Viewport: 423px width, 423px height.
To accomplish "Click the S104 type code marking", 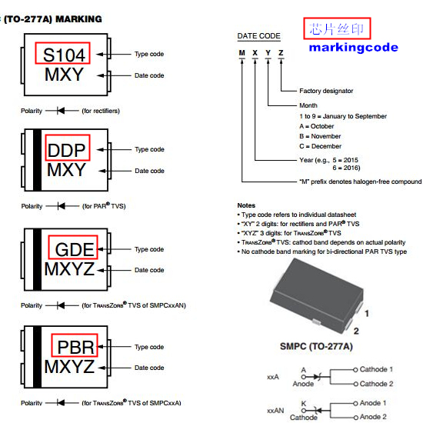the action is pyautogui.click(x=64, y=55).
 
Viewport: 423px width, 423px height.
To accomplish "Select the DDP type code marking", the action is pyautogui.click(x=66, y=150).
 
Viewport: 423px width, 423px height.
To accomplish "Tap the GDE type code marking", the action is pyautogui.click(x=75, y=249).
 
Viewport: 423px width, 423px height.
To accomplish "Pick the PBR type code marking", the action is pyautogui.click(x=76, y=347).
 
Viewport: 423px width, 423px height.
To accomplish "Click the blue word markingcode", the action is pyautogui.click(x=354, y=48).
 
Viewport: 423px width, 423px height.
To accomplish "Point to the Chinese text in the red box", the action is pyautogui.click(x=337, y=29).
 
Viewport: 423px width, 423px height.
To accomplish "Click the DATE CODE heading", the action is pyautogui.click(x=258, y=36).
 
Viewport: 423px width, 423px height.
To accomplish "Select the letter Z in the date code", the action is pyautogui.click(x=281, y=53).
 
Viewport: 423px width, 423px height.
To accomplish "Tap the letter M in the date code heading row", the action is pyautogui.click(x=242, y=53).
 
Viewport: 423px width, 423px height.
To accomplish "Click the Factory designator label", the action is pyautogui.click(x=326, y=91).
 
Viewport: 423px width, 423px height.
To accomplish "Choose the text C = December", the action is pyautogui.click(x=320, y=146).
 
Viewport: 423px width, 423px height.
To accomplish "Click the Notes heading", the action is pyautogui.click(x=246, y=205).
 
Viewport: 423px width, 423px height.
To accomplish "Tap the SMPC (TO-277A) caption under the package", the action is pyautogui.click(x=316, y=346).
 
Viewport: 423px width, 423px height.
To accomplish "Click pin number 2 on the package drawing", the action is pyautogui.click(x=356, y=331).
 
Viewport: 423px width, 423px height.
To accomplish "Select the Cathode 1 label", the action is pyautogui.click(x=376, y=369).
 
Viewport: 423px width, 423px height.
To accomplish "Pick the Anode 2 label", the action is pyautogui.click(x=373, y=417).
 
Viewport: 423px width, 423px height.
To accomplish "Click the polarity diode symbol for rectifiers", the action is pyautogui.click(x=61, y=111).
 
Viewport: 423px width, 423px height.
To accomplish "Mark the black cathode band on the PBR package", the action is pyautogui.click(x=37, y=357).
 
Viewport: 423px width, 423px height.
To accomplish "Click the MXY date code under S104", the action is pyautogui.click(x=64, y=75).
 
